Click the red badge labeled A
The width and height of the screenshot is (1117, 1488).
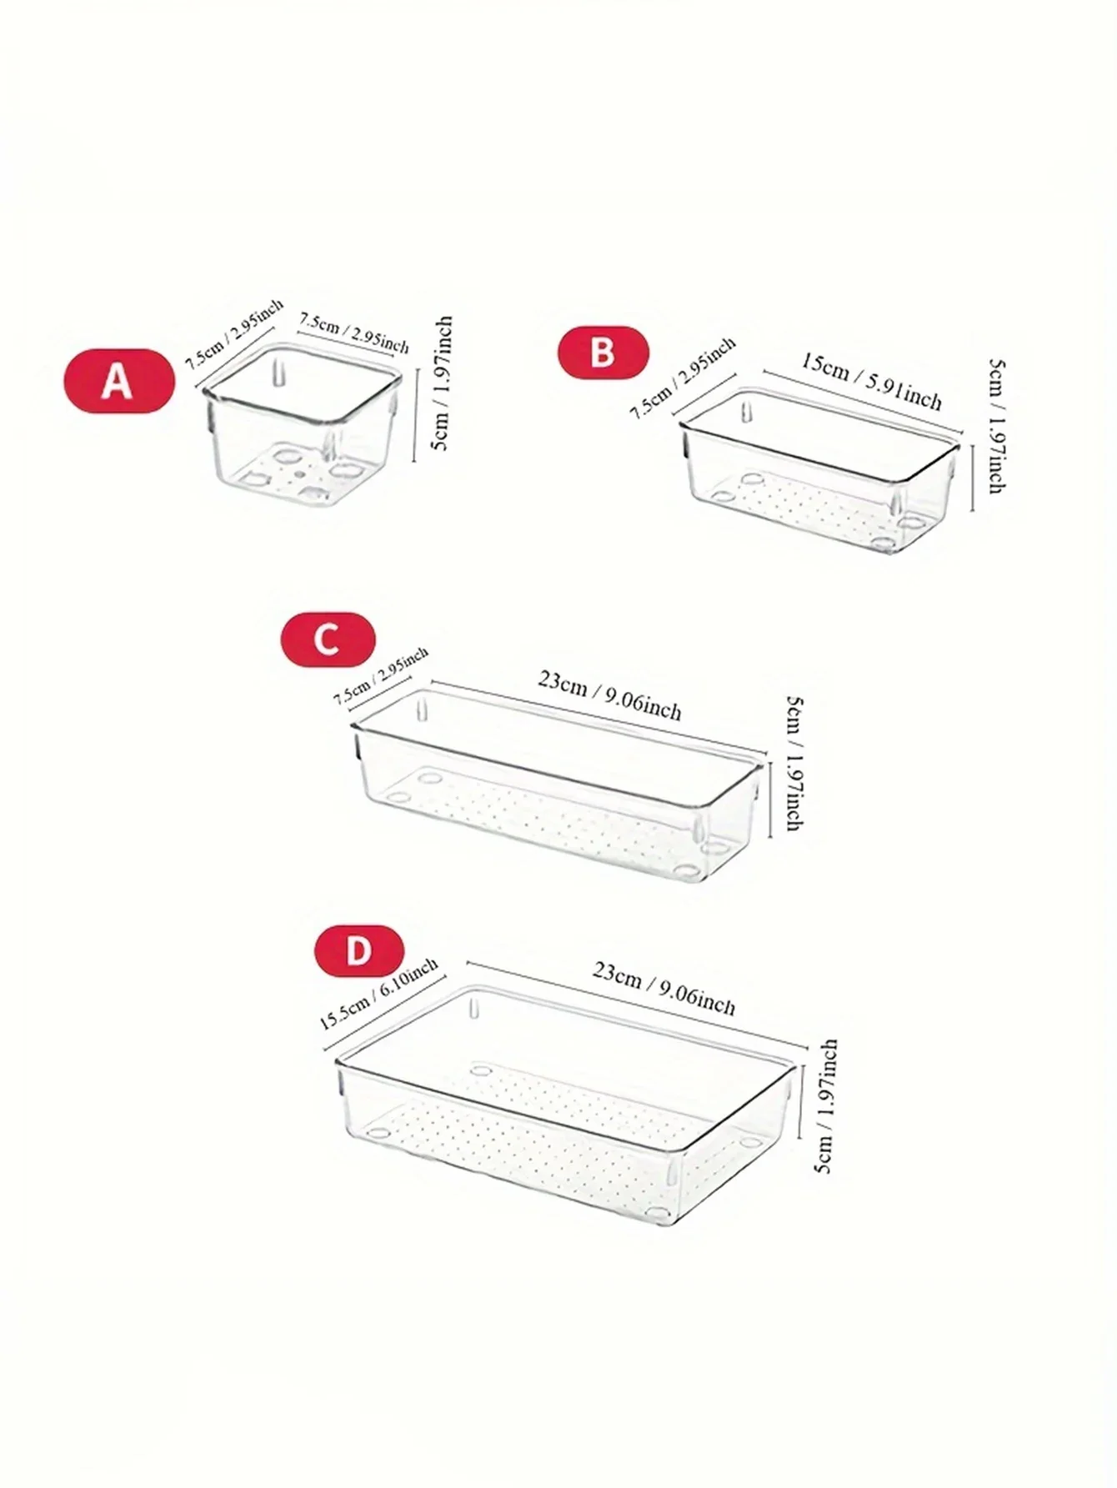(119, 382)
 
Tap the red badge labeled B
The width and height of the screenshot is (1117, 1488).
(603, 352)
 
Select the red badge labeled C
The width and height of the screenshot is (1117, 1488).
(328, 639)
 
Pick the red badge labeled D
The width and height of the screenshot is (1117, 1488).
(358, 950)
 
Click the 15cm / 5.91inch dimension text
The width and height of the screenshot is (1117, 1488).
(871, 382)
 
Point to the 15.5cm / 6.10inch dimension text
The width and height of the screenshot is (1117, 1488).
(379, 995)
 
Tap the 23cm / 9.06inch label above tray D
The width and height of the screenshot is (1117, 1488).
(664, 989)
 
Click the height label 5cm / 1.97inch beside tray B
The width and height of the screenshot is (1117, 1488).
(995, 426)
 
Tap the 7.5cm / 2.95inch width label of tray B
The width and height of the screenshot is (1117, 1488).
(682, 378)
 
